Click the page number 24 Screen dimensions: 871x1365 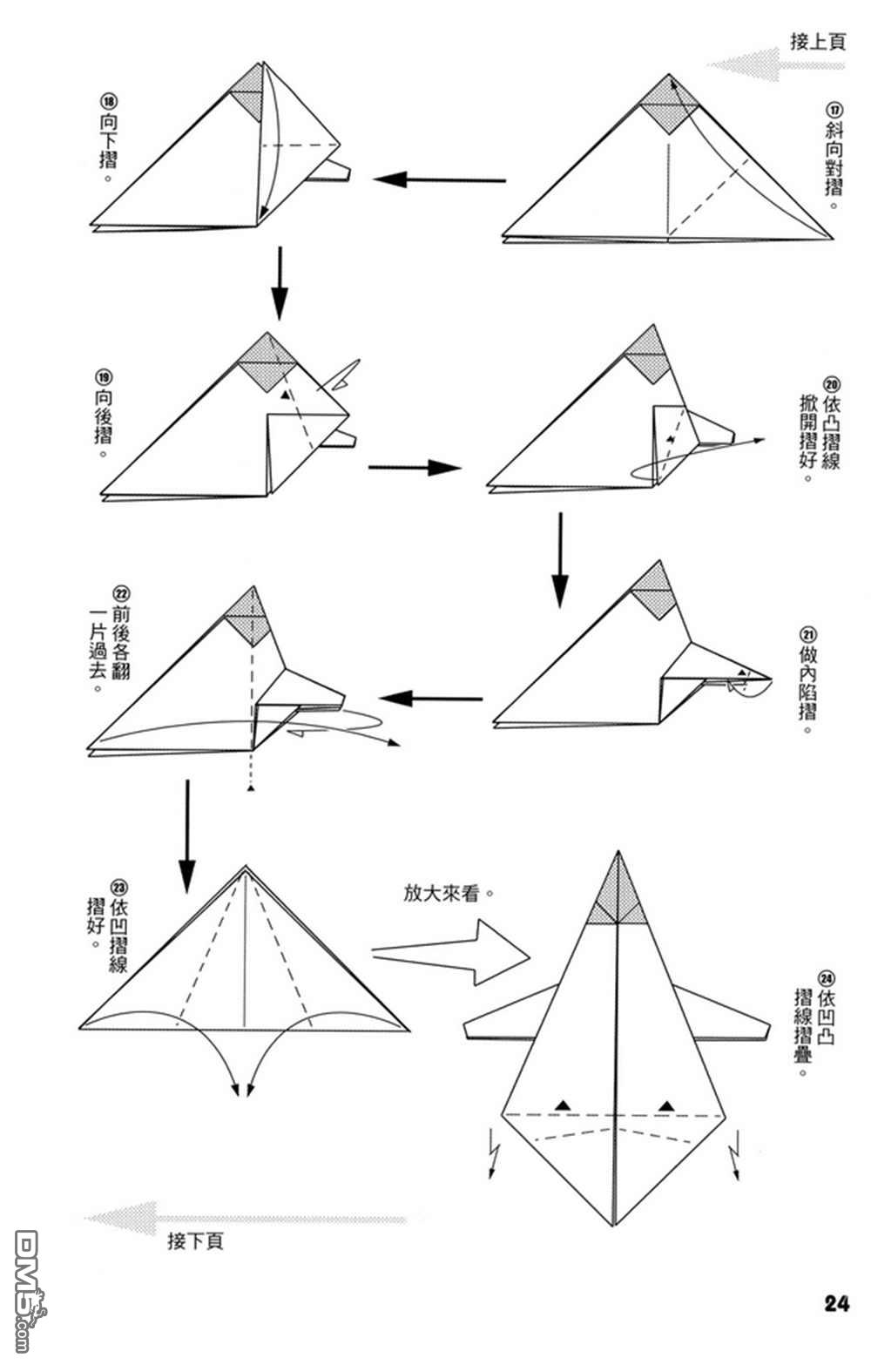coord(837,1303)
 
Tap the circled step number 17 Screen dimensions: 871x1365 coord(834,111)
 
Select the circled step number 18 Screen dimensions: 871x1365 coord(109,101)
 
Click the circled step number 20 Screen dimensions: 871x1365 coord(832,384)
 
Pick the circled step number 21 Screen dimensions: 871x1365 coord(809,636)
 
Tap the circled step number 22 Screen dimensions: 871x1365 coord(121,594)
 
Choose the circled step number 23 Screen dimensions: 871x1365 coord(118,888)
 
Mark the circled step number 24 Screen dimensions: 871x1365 coord(826,979)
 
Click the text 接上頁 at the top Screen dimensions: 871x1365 coord(818,42)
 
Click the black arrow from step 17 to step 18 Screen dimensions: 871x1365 coord(440,179)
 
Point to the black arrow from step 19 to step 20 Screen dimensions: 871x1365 coord(414,468)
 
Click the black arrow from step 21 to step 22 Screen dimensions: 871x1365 coord(431,699)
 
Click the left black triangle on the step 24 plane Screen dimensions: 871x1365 coord(563,1105)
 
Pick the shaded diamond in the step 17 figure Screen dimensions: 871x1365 coord(669,105)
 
